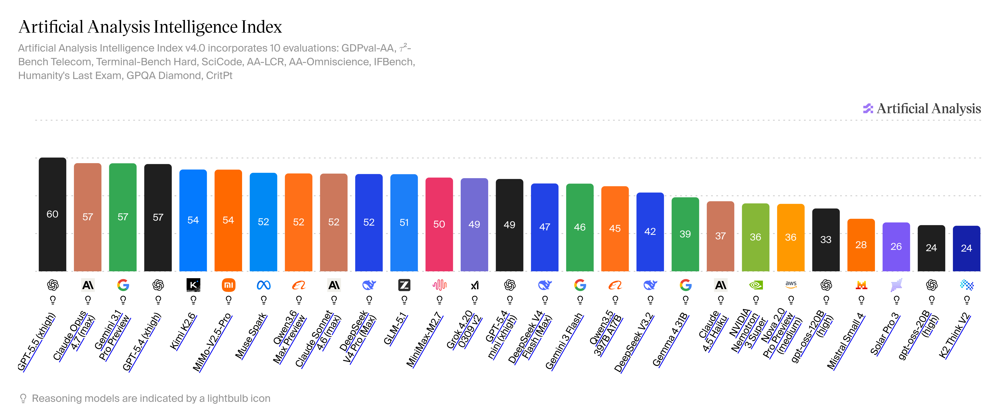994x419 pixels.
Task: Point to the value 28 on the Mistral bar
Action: [x=861, y=245]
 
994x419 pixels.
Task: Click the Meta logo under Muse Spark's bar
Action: [x=264, y=285]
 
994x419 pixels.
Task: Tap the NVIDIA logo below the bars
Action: [x=756, y=285]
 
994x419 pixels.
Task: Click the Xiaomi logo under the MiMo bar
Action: [x=229, y=285]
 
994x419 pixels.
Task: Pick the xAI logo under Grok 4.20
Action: [x=474, y=285]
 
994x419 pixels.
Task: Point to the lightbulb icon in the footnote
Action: [x=23, y=398]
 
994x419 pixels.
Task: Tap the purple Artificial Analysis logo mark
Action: [x=868, y=109]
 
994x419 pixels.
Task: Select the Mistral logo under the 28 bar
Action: [x=861, y=285]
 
